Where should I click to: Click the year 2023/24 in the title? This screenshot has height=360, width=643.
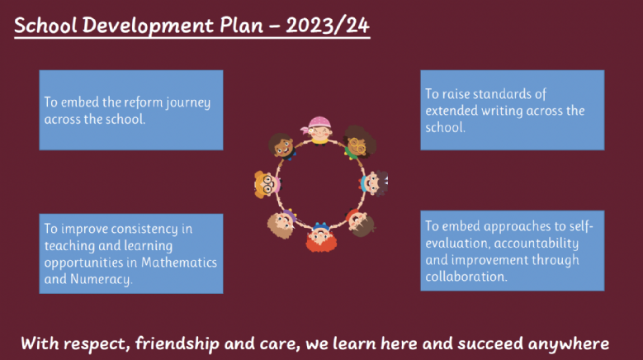pos(328,26)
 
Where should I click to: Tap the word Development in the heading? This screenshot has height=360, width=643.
pos(148,26)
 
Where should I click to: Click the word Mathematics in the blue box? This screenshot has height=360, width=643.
pos(179,263)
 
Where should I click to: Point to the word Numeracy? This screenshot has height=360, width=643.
pos(102,280)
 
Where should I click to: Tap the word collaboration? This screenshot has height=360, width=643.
pos(466,277)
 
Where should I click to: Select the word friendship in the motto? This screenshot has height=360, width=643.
pos(177,343)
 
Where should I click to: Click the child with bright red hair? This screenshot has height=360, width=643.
pos(321,237)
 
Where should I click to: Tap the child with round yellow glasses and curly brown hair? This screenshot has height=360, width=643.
pos(358,143)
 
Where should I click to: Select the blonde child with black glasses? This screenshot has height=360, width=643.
pos(267,184)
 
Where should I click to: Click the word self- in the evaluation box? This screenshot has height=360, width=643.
pos(581,226)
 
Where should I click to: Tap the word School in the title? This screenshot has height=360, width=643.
pos(45,26)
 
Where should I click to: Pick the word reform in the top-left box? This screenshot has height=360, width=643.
pos(144,102)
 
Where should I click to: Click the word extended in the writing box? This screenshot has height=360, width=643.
pos(452,111)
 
